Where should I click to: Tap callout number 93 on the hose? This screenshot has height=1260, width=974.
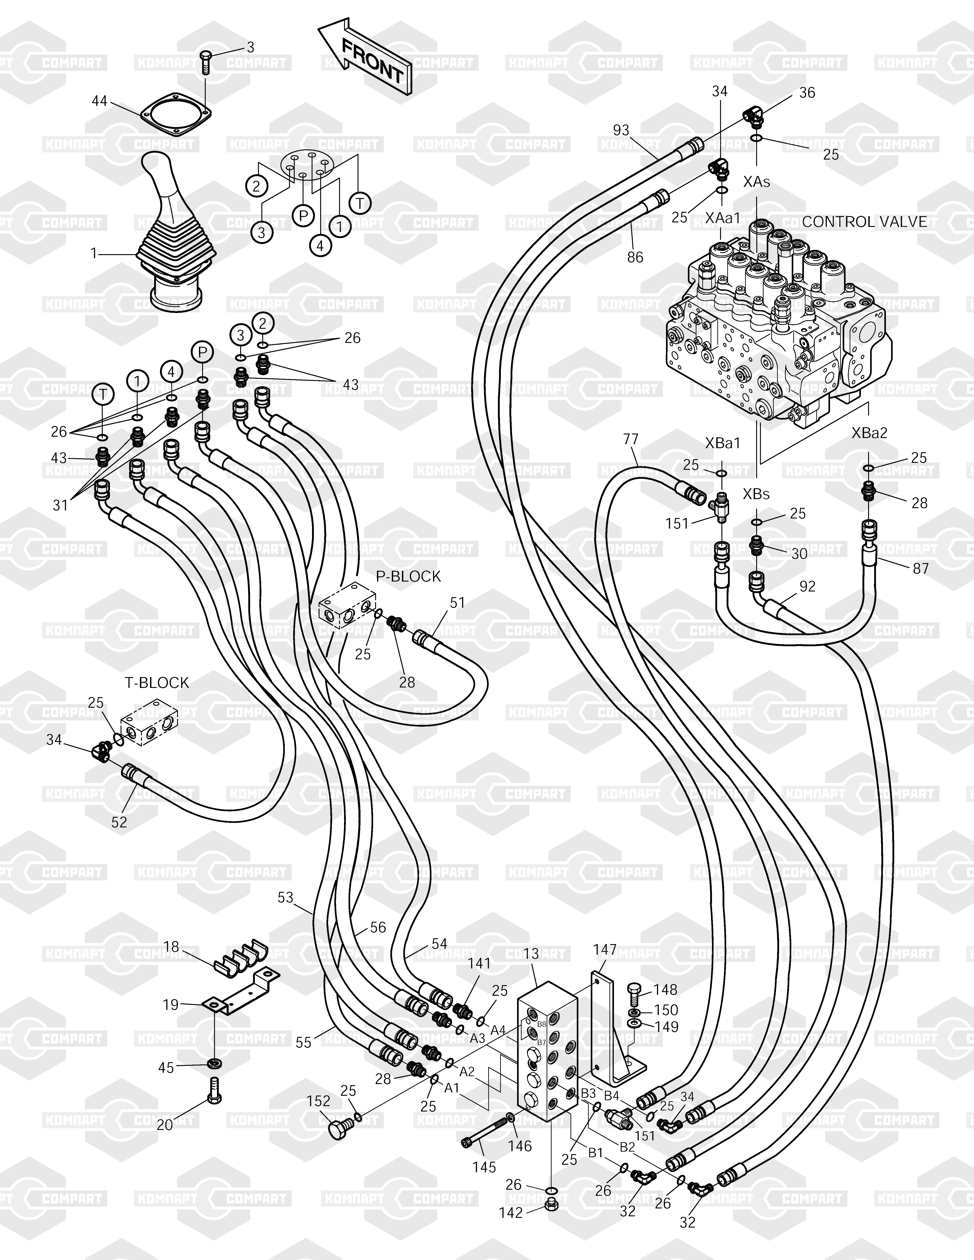621,130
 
